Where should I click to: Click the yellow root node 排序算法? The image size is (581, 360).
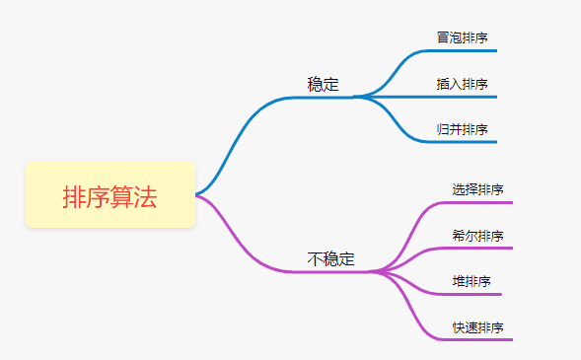point(110,195)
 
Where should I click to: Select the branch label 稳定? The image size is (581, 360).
point(323,85)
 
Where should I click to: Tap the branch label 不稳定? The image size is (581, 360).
point(330,259)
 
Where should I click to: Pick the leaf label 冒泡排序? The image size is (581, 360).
point(462,37)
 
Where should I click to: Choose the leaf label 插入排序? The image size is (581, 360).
point(462,84)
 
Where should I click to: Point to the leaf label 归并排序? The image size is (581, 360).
point(462,129)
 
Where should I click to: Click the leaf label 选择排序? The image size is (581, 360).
point(477,189)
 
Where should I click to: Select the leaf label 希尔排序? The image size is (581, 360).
point(477,236)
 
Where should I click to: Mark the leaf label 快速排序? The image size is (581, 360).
point(477,327)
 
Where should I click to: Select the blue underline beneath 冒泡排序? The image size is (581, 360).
point(464,50)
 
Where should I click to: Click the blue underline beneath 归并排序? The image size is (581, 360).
point(464,142)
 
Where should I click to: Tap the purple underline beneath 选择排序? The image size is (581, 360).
point(478,202)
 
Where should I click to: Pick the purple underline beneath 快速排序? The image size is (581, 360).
point(478,340)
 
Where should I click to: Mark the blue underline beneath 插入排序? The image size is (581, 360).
point(464,97)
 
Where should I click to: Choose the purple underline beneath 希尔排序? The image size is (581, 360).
point(478,248)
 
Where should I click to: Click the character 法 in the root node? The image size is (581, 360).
point(146,196)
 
